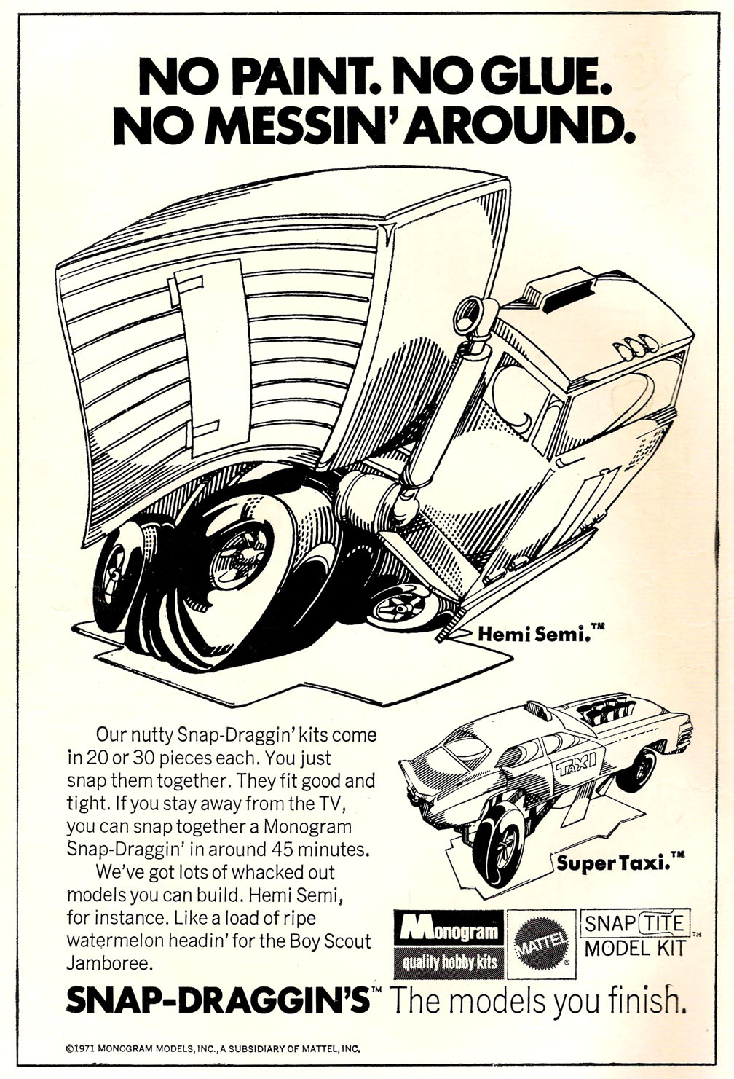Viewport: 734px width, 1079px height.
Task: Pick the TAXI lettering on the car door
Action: [576, 764]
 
